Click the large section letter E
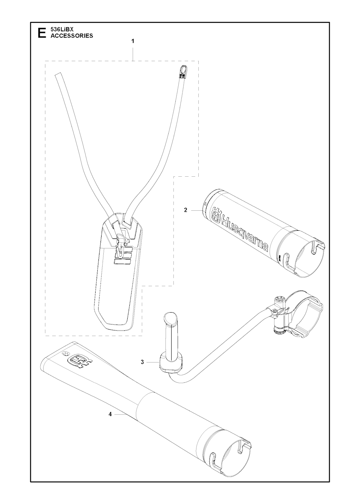pyautogui.click(x=42, y=33)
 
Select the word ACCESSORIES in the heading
pyautogui.click(x=72, y=35)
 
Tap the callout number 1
pyautogui.click(x=133, y=41)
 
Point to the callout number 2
pyautogui.click(x=185, y=210)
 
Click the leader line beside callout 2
pyautogui.click(x=197, y=210)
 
